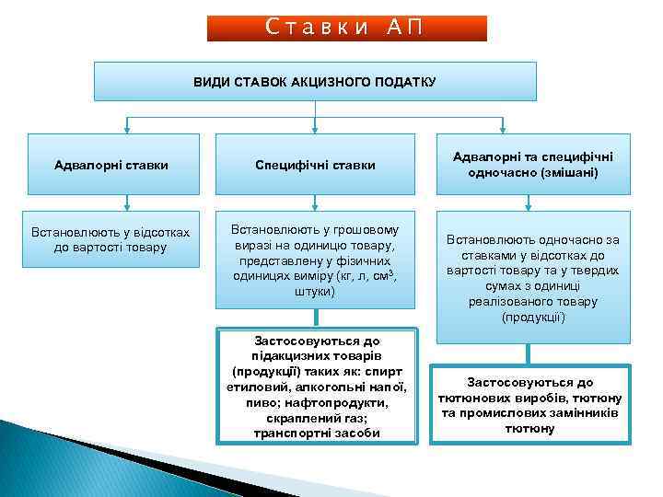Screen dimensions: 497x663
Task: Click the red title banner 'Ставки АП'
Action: tap(345, 28)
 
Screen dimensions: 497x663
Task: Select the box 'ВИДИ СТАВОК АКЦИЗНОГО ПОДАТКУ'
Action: tap(315, 81)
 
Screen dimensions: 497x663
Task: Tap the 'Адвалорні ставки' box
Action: tap(112, 165)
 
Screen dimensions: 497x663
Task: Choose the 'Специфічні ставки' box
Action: tap(315, 165)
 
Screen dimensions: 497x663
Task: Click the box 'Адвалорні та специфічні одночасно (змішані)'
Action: tap(533, 164)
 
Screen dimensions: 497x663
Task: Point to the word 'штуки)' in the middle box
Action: tap(315, 291)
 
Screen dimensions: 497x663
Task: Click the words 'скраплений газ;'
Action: tap(315, 418)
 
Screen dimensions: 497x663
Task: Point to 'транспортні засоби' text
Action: tap(315, 433)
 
